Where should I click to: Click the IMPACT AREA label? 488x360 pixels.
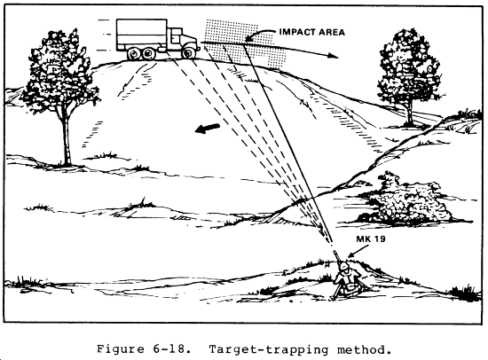click(311, 32)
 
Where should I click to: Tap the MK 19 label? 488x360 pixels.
click(371, 239)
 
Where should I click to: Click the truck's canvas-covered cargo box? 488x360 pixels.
click(142, 35)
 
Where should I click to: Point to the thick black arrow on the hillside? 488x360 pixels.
click(208, 128)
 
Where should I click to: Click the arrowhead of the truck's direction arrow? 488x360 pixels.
click(333, 55)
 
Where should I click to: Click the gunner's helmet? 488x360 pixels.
click(344, 267)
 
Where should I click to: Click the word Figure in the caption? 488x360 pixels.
click(121, 349)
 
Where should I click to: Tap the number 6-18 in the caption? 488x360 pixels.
click(172, 349)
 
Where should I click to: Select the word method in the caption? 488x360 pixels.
click(364, 349)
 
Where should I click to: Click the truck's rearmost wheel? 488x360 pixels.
click(134, 54)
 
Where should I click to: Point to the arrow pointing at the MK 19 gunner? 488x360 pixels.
click(358, 251)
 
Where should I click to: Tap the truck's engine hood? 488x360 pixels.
click(190, 40)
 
